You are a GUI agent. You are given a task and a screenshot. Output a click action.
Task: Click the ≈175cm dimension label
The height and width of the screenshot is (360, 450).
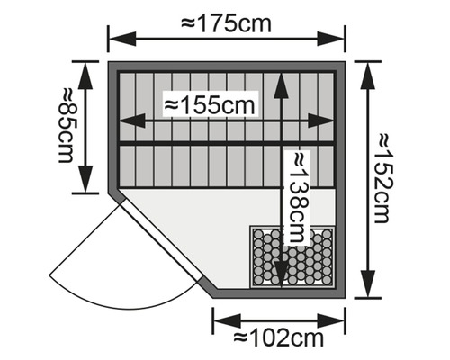click(227, 24)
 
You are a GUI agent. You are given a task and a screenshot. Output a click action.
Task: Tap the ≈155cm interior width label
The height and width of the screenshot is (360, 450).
click(210, 105)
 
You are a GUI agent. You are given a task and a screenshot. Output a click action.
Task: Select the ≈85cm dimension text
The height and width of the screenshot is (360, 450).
click(67, 125)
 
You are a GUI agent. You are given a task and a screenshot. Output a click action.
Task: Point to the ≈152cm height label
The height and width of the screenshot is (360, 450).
click(382, 179)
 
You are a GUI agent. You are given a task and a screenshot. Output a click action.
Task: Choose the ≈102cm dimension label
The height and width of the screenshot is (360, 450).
click(279, 338)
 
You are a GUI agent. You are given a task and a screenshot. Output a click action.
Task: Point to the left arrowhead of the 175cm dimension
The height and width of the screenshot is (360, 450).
click(122, 39)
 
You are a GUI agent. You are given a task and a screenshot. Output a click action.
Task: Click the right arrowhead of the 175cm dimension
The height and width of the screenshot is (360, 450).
click(330, 39)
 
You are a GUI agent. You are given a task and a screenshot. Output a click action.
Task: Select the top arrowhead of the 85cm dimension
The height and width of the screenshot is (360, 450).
click(85, 76)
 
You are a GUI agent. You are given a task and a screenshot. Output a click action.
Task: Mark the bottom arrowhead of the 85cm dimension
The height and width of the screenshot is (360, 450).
click(85, 179)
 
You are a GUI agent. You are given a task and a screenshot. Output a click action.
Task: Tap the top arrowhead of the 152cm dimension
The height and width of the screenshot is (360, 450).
click(368, 76)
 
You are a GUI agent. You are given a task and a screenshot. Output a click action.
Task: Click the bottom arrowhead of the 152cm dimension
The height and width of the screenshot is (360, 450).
click(368, 284)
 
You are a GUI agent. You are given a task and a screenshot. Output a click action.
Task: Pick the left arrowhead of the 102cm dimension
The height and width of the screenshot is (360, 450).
click(227, 320)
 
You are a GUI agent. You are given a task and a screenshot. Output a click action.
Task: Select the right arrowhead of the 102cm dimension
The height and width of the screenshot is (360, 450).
click(330, 320)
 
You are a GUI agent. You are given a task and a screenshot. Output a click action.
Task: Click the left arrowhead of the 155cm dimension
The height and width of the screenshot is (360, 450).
click(132, 121)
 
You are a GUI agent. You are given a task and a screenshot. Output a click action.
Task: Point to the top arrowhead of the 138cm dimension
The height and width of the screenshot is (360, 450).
click(282, 86)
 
